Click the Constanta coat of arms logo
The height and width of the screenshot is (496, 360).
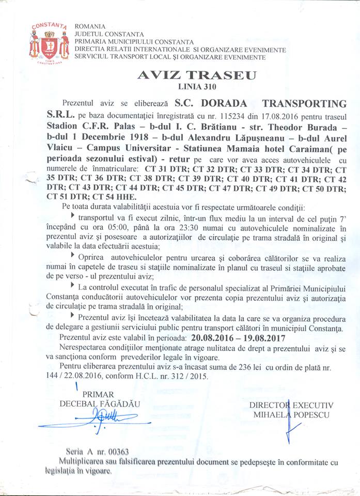[x=49, y=43]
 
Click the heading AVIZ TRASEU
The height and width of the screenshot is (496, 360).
[x=197, y=75]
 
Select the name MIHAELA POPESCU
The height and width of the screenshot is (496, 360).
[x=291, y=415]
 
